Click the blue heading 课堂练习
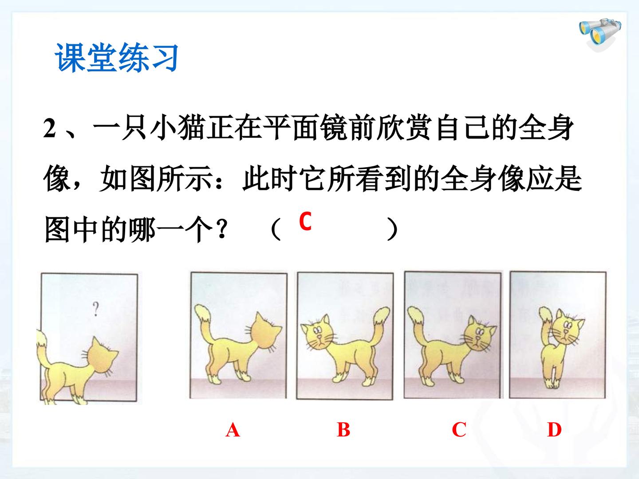[116, 57]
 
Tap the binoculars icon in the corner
[600, 35]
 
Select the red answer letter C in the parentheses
[305, 221]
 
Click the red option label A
[233, 430]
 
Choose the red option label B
[343, 430]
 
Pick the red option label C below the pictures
[459, 430]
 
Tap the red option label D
[554, 430]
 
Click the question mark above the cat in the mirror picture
[95, 309]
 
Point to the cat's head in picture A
[266, 332]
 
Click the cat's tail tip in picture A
[202, 313]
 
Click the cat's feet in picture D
[552, 384]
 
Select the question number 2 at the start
[50, 129]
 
